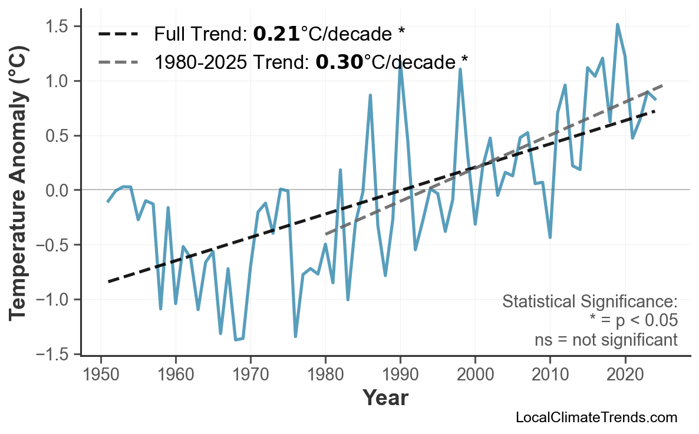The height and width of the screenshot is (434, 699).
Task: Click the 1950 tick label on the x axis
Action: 101,375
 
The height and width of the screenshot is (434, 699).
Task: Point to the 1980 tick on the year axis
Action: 325,375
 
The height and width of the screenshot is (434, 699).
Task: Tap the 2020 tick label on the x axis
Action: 625,375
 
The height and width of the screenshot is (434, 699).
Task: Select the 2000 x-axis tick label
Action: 475,375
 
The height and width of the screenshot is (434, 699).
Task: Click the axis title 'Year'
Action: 385,399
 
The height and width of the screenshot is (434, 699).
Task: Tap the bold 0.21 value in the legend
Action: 276,34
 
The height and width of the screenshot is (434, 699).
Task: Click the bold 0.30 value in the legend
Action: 339,61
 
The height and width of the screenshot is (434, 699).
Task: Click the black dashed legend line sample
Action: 118,34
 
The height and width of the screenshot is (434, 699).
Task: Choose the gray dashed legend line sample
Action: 118,61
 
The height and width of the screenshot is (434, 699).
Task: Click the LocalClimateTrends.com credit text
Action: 596,418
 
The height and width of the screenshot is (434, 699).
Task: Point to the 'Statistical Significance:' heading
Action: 589,302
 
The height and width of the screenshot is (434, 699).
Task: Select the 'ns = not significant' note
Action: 606,340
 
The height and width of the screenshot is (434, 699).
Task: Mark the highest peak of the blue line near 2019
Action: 617,25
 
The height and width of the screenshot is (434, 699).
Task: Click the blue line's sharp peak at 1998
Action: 460,69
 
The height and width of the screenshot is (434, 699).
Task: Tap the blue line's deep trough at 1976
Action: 295,336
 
